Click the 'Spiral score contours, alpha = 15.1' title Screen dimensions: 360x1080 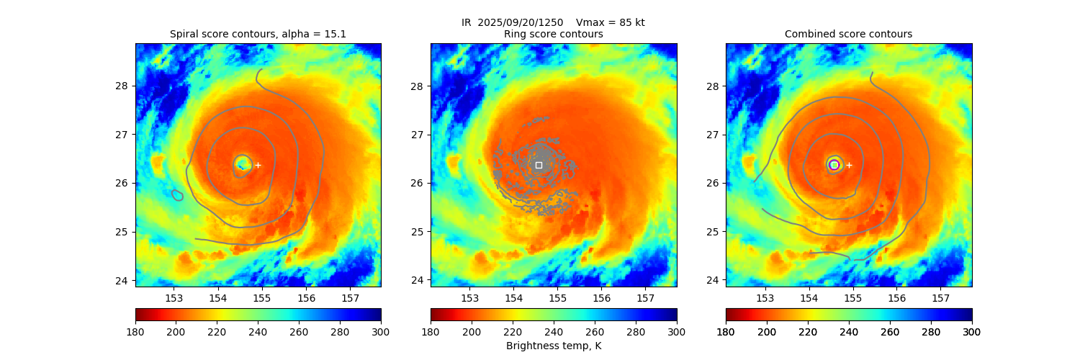tap(258, 34)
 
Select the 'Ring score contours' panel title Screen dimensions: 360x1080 tap(553, 34)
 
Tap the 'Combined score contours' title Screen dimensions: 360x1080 tap(848, 34)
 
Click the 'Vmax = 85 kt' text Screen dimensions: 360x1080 tap(611, 22)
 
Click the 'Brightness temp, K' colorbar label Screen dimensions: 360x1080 tap(553, 346)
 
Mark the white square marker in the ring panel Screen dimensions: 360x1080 tap(539, 165)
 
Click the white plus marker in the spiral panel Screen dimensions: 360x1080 tap(258, 165)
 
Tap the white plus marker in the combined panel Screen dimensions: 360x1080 tap(849, 165)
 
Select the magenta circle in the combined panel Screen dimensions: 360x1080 tap(834, 165)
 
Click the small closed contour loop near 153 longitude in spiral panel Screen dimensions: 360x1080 tap(177, 195)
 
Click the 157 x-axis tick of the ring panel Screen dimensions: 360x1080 tap(645, 298)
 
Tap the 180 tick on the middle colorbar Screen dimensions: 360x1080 tap(431, 332)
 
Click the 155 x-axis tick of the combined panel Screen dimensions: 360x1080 tap(853, 298)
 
